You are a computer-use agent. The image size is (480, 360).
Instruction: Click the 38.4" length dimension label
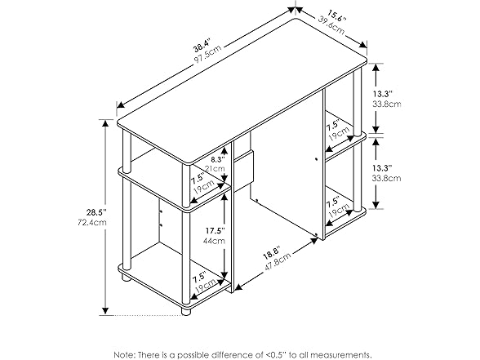tap(202, 45)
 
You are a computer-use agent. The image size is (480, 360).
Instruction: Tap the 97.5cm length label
tap(208, 56)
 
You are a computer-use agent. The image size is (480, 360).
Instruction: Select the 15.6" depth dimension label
tap(336, 16)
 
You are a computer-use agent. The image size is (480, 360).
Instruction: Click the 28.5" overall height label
tap(96, 212)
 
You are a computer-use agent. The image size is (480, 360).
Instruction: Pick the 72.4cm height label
tap(92, 222)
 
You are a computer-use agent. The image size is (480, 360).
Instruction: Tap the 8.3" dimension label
tap(218, 159)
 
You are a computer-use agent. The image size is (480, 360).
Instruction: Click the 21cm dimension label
tap(215, 168)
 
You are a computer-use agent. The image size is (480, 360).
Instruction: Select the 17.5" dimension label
tap(215, 230)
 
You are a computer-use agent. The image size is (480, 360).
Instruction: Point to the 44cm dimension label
tap(214, 241)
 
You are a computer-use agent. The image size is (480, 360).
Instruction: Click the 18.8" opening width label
tap(271, 253)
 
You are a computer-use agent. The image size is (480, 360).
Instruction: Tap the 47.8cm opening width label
tap(278, 262)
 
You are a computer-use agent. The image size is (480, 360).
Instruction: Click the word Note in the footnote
tap(124, 355)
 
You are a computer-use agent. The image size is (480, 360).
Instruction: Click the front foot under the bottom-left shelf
tap(185, 311)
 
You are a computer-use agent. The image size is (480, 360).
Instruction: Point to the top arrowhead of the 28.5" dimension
tap(105, 122)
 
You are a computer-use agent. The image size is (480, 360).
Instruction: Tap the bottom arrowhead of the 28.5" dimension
tap(105, 311)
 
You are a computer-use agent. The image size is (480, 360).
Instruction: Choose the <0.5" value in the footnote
tap(273, 355)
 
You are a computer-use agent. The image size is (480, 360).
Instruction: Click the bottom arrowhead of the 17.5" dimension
tap(225, 276)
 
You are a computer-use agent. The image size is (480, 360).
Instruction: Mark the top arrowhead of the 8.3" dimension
tap(225, 150)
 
